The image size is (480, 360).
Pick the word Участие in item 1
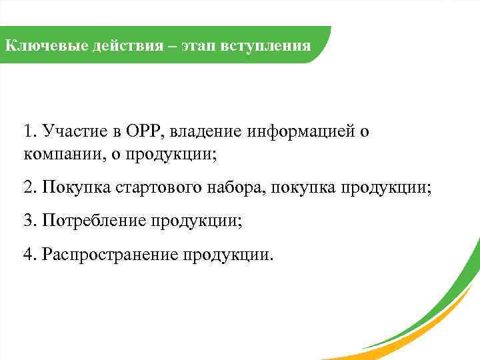pyautogui.click(x=68, y=131)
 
